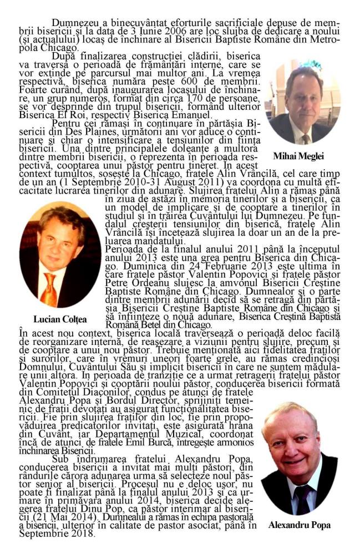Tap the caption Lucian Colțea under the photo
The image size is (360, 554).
tap(60, 319)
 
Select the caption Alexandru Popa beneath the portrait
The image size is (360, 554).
tap(299, 525)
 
